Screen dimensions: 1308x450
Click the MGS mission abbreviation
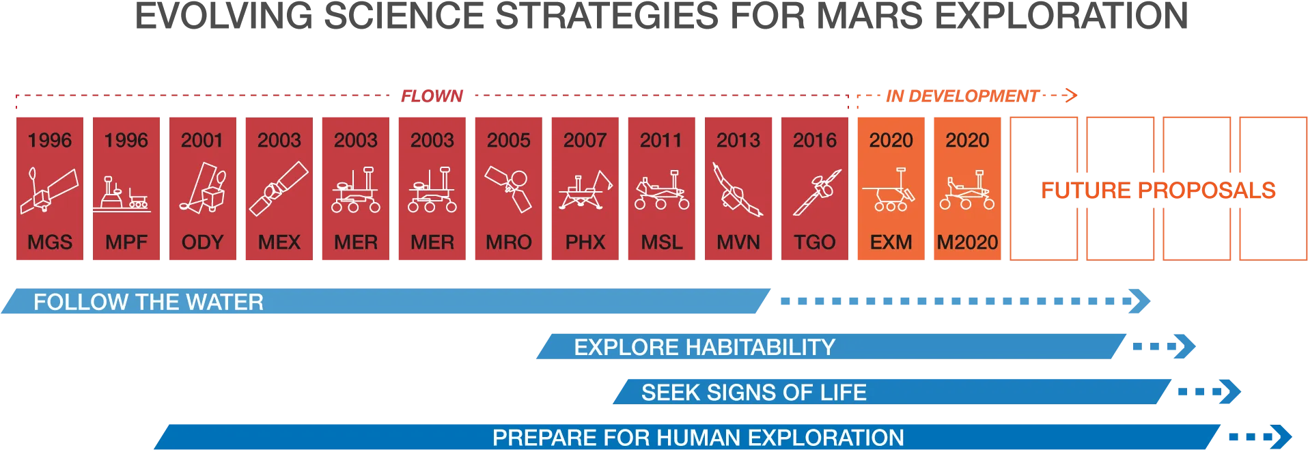[50, 242]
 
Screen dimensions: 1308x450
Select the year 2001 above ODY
[202, 140]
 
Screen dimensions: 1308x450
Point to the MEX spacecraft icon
[279, 188]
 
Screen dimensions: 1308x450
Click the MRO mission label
[509, 242]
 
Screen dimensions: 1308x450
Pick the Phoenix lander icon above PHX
[585, 191]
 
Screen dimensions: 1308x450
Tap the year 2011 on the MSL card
[661, 140]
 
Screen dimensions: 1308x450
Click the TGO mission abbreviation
[815, 242]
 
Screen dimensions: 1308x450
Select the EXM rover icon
[889, 190]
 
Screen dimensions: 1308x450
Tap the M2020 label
[967, 242]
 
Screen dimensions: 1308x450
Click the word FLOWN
[432, 96]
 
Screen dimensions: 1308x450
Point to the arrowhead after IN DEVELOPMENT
[1071, 96]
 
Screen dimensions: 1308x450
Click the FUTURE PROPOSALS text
[1158, 190]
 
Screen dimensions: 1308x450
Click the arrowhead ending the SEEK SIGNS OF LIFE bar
[1230, 392]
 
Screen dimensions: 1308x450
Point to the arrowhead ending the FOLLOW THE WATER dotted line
[1140, 301]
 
